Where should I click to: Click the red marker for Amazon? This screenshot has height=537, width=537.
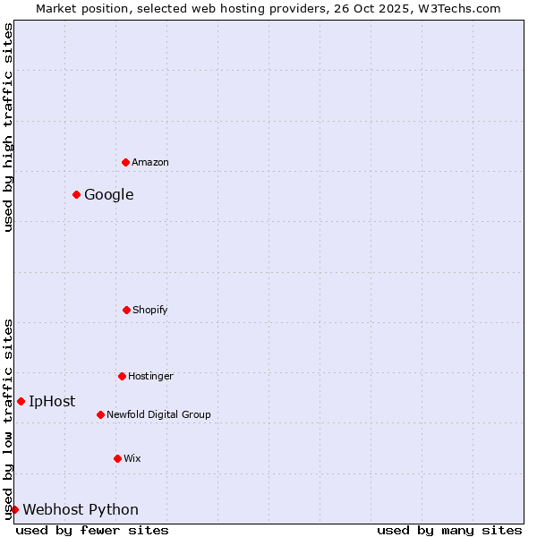125,162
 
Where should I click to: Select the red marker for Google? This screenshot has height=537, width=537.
77,194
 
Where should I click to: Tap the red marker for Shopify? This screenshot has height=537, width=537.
126,310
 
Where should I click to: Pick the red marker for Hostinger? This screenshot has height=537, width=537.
122,376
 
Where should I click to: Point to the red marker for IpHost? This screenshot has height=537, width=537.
21,401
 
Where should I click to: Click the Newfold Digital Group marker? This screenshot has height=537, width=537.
100,414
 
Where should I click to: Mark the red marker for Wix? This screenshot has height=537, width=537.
117,458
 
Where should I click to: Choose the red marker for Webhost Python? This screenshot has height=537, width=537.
14,509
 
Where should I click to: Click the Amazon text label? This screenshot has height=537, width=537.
150,162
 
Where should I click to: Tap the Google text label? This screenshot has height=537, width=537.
109,194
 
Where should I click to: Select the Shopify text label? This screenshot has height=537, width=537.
150,310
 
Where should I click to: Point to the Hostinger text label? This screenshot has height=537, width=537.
150,376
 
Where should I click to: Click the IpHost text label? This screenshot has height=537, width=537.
52,401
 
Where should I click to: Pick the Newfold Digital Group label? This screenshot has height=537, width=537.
158,414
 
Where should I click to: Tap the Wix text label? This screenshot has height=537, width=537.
132,458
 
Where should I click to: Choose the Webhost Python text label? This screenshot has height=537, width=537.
81,509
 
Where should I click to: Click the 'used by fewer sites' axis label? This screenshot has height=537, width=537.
92,530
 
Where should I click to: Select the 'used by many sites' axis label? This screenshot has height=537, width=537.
449,530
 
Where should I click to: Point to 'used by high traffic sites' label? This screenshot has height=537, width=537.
8,127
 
